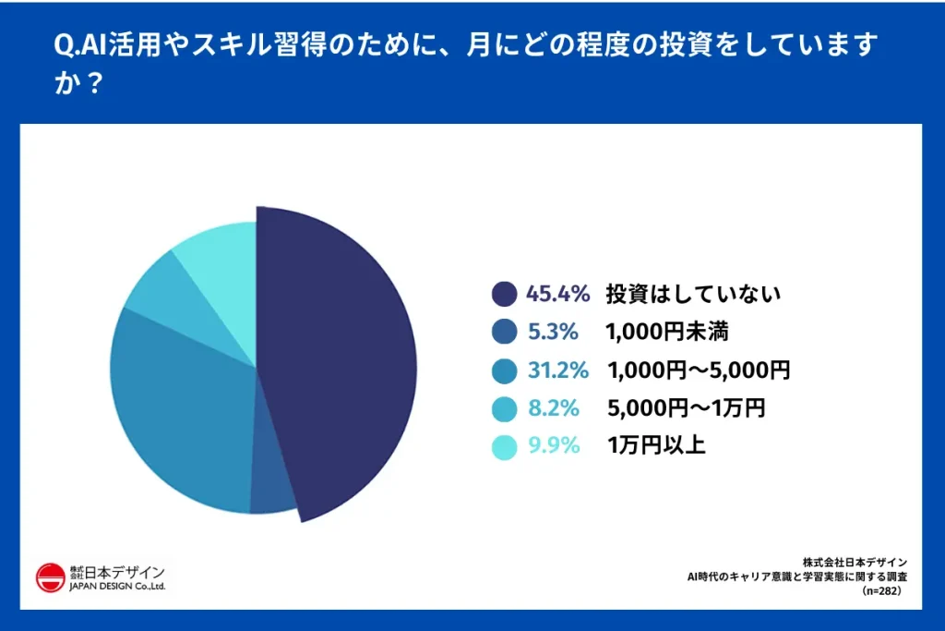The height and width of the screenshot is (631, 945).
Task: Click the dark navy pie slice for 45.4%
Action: pyautogui.click(x=341, y=360)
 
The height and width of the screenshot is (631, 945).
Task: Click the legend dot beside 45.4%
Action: pyautogui.click(x=505, y=295)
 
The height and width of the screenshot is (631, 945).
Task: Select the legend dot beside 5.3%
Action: pyautogui.click(x=505, y=333)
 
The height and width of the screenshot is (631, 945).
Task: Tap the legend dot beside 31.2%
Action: pyautogui.click(x=505, y=371)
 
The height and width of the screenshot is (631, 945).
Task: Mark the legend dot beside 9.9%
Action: pyautogui.click(x=505, y=447)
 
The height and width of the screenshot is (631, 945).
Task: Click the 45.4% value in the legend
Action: pyautogui.click(x=557, y=295)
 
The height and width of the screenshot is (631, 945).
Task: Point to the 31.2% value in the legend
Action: pyautogui.click(x=557, y=371)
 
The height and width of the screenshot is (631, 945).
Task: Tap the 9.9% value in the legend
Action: pyautogui.click(x=554, y=446)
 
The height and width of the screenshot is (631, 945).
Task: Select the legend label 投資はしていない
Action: pyautogui.click(x=693, y=295)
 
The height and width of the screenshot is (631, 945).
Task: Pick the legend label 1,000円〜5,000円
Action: pyautogui.click(x=699, y=371)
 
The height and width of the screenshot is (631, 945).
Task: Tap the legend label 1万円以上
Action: pyautogui.click(x=656, y=446)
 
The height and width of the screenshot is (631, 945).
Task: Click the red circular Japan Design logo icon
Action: pyautogui.click(x=50, y=577)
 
